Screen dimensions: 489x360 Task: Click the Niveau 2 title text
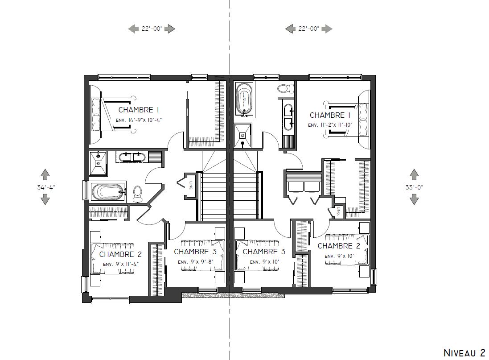[x=464, y=352]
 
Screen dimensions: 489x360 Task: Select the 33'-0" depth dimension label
[x=414, y=187]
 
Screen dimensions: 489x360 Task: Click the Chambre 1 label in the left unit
[x=139, y=110]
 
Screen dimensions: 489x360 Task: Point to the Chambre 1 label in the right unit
[x=330, y=115]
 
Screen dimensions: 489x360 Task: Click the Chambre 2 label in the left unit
[x=120, y=254]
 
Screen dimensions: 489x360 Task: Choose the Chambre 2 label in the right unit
[x=339, y=246]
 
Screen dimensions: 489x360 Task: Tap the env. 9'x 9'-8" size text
[x=196, y=262]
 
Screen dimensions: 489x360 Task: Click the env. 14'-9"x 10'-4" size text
[x=139, y=120]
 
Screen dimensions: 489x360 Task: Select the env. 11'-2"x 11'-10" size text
[x=330, y=125]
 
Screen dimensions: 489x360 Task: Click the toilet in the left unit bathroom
[x=137, y=194]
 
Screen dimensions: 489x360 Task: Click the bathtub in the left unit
[x=108, y=192]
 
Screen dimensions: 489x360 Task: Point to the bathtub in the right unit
[x=244, y=99]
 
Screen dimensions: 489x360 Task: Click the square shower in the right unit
[x=242, y=135]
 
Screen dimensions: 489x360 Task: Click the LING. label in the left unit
[x=190, y=186]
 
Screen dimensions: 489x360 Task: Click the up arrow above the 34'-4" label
[x=45, y=174]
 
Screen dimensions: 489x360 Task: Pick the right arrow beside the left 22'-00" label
[x=170, y=29]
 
